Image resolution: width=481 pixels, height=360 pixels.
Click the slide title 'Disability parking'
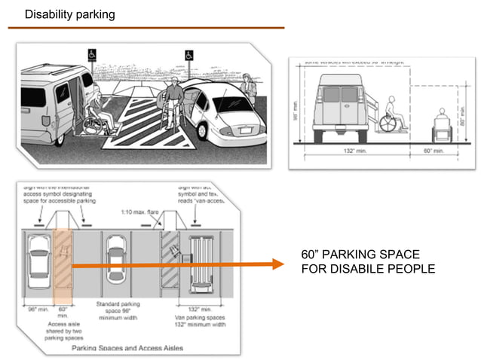tap(69, 14)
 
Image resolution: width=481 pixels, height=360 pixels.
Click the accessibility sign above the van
tap(91, 54)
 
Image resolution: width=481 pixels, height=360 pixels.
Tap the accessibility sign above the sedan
tap(188, 55)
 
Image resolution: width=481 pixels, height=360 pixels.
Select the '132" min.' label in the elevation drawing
tap(348, 151)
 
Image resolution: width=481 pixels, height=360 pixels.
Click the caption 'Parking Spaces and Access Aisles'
tap(127, 348)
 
